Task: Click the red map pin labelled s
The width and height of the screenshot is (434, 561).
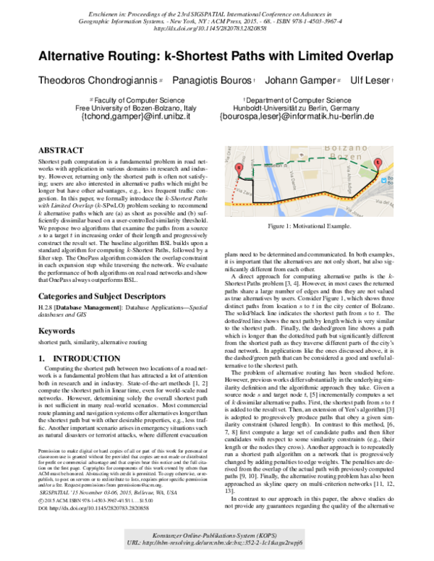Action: click(239, 169)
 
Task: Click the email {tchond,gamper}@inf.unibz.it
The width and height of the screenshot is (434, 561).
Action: click(135, 116)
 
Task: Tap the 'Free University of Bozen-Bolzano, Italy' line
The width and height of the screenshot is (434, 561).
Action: click(135, 106)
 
